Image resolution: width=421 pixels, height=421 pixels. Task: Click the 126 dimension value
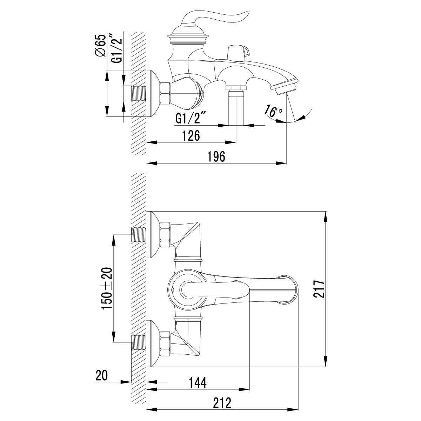pyautogui.click(x=191, y=136)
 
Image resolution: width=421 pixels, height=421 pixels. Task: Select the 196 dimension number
pyautogui.click(x=216, y=156)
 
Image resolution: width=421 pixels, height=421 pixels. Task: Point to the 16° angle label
pyautogui.click(x=274, y=111)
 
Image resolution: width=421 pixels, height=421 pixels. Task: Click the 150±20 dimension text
pyautogui.click(x=107, y=288)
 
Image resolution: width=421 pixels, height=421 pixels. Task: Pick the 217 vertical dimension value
pyautogui.click(x=318, y=289)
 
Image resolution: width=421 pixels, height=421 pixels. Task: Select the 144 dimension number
pyautogui.click(x=197, y=383)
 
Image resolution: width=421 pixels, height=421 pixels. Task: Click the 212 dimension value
pyautogui.click(x=222, y=403)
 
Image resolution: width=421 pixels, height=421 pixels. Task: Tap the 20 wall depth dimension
pyautogui.click(x=101, y=376)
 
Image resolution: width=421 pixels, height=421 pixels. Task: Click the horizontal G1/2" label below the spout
pyautogui.click(x=190, y=119)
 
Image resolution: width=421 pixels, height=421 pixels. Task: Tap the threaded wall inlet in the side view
pyautogui.click(x=139, y=94)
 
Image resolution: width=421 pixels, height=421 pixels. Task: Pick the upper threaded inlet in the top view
pyautogui.click(x=139, y=235)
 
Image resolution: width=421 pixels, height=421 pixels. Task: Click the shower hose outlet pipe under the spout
pyautogui.click(x=236, y=107)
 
